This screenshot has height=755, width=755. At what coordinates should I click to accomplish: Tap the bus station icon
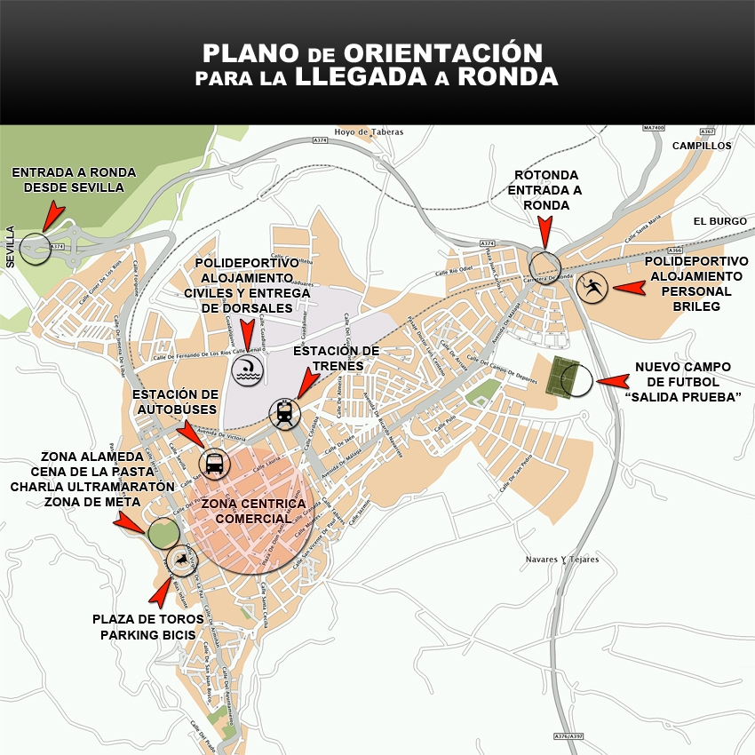215,463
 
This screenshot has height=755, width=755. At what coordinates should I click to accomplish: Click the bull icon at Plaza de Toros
180,559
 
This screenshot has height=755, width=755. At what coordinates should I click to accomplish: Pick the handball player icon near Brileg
592,287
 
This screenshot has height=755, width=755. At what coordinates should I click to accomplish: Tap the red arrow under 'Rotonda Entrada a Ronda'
544,234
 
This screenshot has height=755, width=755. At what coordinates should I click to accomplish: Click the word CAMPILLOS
701,146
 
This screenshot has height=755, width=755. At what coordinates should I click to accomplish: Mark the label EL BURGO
720,221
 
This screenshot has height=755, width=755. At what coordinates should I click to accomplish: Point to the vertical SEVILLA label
11,247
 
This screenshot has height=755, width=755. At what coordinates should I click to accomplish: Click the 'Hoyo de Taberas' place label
369,131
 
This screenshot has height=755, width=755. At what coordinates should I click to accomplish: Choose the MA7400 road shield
653,128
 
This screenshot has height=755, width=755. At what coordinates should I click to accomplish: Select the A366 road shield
674,250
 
